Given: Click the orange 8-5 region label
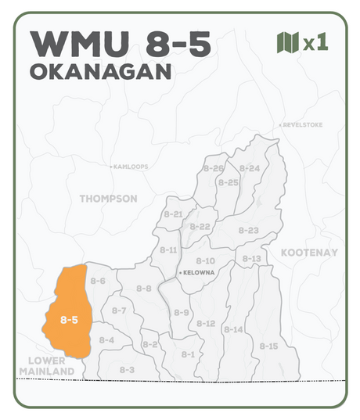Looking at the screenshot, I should click(x=69, y=319).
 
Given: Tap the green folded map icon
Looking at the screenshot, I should click(x=287, y=42).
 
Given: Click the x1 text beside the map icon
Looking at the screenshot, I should click(x=315, y=42).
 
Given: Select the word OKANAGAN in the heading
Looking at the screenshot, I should click(x=100, y=71).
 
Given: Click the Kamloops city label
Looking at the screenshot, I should click(x=130, y=167).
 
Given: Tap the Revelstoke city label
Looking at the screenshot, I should click(x=301, y=125).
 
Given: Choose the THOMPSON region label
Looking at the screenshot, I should click(x=108, y=199).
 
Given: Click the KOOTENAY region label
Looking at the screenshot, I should click(x=308, y=253).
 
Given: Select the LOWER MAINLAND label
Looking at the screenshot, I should click(x=46, y=365).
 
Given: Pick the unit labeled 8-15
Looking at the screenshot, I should click(x=268, y=346).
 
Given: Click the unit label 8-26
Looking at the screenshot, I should click(x=213, y=168).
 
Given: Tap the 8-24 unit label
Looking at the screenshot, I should click(x=249, y=168).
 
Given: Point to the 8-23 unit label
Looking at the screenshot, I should click(x=248, y=230).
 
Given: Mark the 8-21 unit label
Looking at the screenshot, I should click(x=172, y=214).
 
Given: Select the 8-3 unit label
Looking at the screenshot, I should click(x=127, y=369).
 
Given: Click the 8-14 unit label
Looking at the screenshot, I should click(x=233, y=329).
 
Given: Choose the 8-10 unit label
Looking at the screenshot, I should click(x=205, y=260).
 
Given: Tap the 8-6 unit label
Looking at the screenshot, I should click(x=98, y=281).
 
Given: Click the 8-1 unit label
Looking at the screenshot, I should click(x=188, y=354).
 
